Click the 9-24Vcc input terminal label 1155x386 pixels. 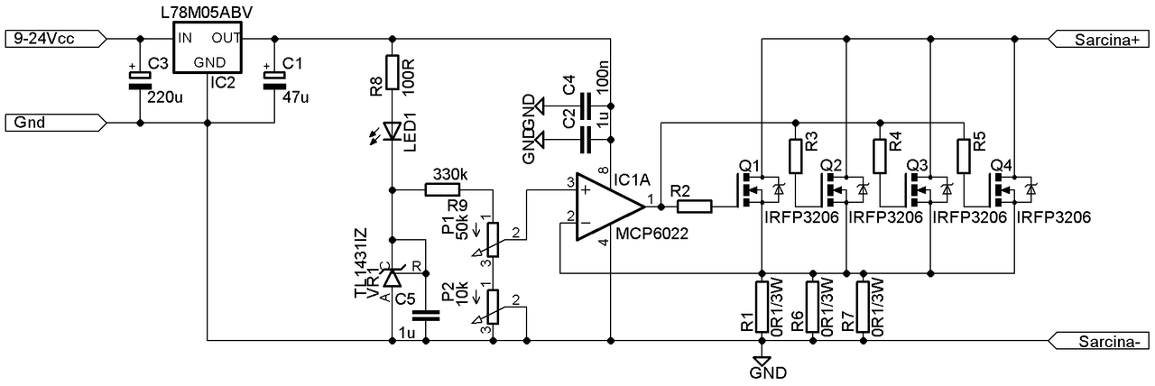click(x=56, y=39)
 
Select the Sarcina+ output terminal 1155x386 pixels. click(x=1099, y=39)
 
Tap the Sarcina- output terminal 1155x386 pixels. click(x=1099, y=341)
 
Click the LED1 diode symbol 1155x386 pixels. click(x=393, y=132)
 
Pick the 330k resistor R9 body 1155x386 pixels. click(x=442, y=190)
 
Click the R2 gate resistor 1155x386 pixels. click(x=694, y=207)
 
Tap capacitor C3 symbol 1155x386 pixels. click(x=140, y=80)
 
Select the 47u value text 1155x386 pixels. click(x=295, y=96)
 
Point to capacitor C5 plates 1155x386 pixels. click(x=426, y=316)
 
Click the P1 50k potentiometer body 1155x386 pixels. click(x=494, y=240)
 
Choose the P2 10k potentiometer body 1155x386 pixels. click(x=494, y=307)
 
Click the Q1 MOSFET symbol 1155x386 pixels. click(x=757, y=190)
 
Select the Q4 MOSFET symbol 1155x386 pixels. click(x=1011, y=190)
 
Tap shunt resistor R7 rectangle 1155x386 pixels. click(x=863, y=307)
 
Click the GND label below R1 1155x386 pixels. click(x=768, y=373)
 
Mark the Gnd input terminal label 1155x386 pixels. click(x=56, y=124)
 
